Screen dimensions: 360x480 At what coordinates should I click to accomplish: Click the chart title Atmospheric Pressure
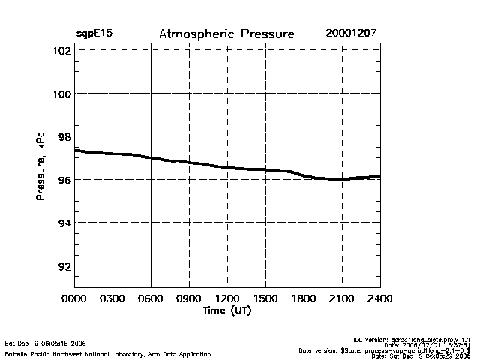click(x=226, y=34)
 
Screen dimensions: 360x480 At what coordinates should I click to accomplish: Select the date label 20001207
click(x=352, y=34)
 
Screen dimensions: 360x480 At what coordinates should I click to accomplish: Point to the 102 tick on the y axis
click(x=61, y=51)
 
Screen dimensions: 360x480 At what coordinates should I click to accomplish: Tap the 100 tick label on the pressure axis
click(x=61, y=94)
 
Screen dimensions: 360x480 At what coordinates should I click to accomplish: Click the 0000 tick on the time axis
click(x=74, y=299)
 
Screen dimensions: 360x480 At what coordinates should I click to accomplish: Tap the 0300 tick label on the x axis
click(x=112, y=299)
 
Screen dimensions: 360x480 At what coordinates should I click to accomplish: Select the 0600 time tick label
click(x=151, y=299)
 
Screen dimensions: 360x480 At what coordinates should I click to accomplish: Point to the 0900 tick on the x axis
click(x=189, y=299)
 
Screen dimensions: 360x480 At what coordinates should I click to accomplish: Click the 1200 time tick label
click(x=227, y=299)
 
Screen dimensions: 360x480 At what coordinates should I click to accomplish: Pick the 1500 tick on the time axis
click(x=265, y=299)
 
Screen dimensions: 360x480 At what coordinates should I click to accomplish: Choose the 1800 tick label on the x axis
click(x=304, y=299)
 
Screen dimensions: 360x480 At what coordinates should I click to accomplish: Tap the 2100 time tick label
click(x=342, y=299)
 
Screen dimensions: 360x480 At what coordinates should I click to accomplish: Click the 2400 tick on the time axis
click(x=380, y=299)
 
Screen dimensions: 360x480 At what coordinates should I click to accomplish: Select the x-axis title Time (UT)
click(x=226, y=310)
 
